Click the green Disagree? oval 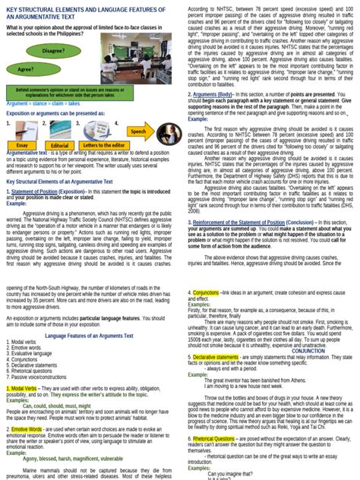coord(53,50)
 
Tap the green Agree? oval coord(26,68)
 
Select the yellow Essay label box coord(22,144)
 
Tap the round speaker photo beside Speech coord(162,130)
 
